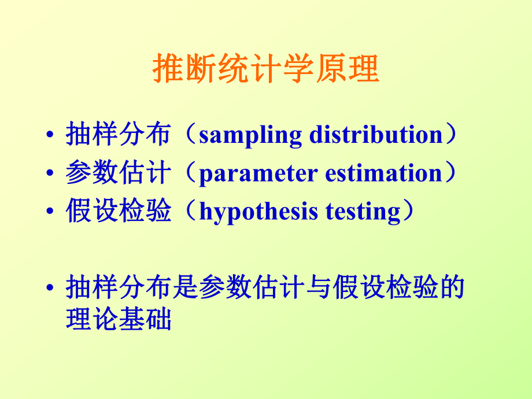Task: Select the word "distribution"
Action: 376,135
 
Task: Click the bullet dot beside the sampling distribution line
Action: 52,136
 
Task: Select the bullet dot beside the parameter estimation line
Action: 52,175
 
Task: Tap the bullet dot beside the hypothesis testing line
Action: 52,213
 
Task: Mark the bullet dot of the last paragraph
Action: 52,289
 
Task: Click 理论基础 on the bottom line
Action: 119,320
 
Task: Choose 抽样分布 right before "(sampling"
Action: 119,135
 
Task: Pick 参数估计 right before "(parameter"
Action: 119,173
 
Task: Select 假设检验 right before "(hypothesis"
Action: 119,212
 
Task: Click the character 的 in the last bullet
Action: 452,287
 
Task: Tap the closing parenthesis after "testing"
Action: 408,212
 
